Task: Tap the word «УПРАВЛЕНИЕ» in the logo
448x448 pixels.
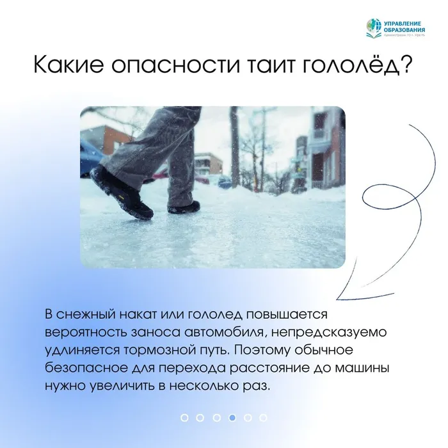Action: (402, 23)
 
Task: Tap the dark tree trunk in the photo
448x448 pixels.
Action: (235, 147)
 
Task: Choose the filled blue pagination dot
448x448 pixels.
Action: (232, 417)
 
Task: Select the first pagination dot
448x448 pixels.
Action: (184, 417)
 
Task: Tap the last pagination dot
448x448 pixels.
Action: (263, 417)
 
